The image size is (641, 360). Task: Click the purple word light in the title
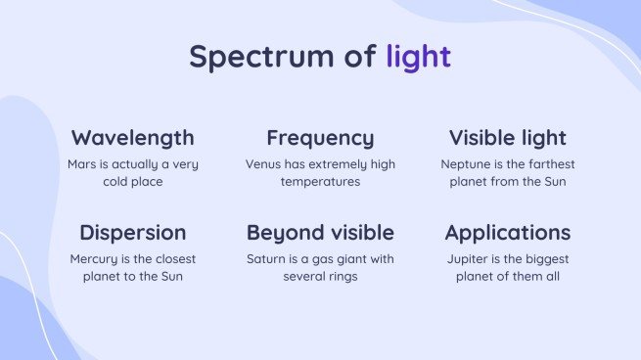(x=418, y=56)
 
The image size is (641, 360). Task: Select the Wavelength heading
(x=133, y=137)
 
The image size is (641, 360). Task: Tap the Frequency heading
(x=320, y=137)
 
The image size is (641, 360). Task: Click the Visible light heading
(x=507, y=137)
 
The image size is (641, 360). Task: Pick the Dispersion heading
(x=133, y=233)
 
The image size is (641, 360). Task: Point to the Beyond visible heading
(x=320, y=233)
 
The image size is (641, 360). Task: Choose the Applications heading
(x=507, y=233)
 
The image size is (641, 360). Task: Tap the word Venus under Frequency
(x=263, y=164)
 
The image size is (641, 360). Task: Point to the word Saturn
(x=268, y=259)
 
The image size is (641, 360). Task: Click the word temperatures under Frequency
(x=320, y=182)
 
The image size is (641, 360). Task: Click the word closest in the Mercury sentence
(x=172, y=259)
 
